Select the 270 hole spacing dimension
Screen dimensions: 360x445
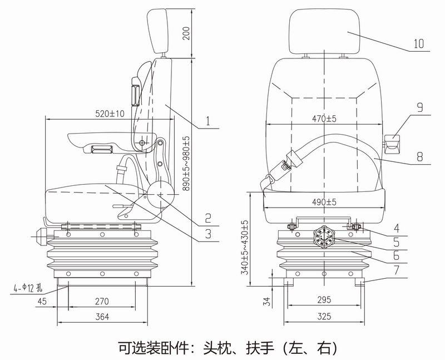(x=102, y=301)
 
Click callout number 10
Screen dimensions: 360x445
(x=419, y=43)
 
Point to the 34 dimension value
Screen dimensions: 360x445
(x=266, y=302)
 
